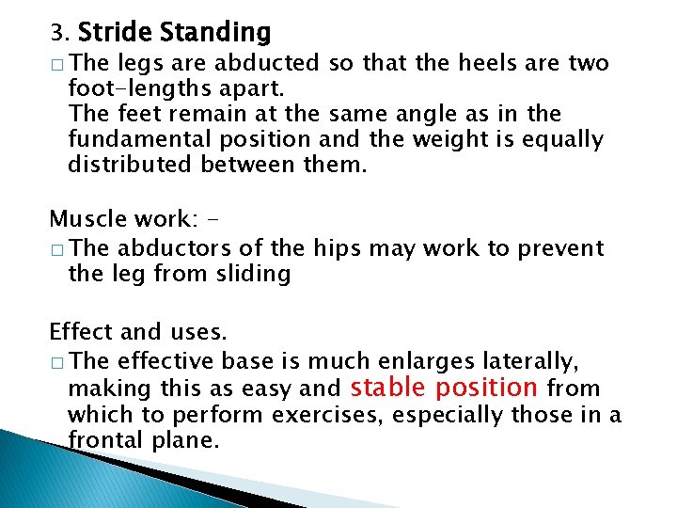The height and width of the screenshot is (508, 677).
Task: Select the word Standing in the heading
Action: pos(214,34)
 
